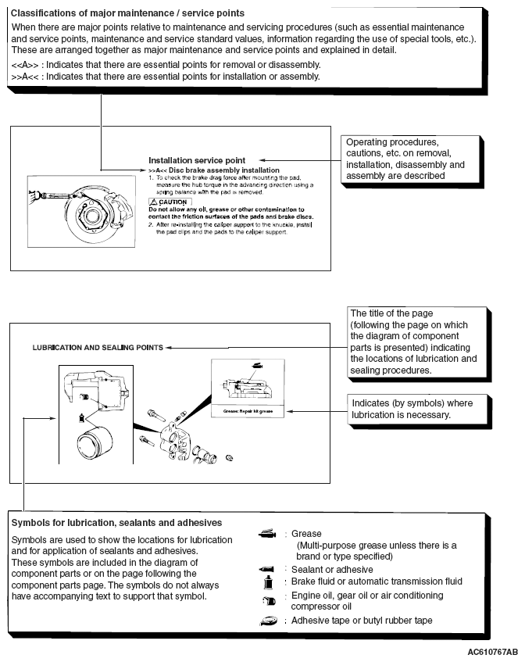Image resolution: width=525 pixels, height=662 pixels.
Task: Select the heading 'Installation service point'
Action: pos(196,160)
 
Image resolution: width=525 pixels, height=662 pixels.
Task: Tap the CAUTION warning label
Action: pos(170,202)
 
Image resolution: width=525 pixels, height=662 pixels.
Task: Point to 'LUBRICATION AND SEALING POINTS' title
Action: pos(98,347)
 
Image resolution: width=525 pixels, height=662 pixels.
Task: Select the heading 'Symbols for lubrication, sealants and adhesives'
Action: pos(116,522)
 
